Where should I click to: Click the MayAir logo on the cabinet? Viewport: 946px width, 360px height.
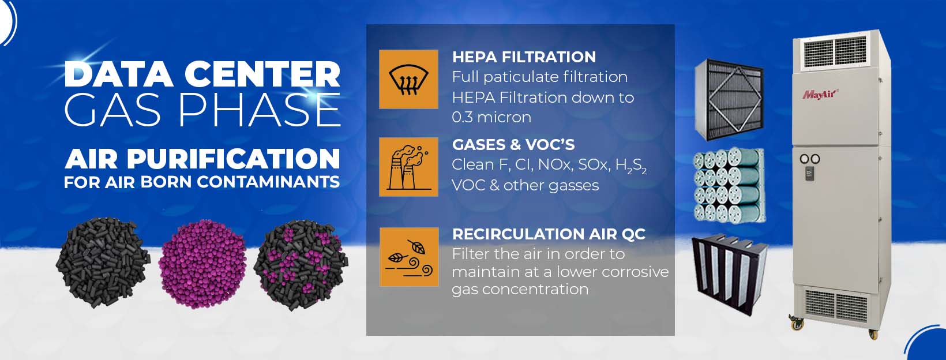coord(820,94)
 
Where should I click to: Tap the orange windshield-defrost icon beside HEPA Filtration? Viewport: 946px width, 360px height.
coord(408,80)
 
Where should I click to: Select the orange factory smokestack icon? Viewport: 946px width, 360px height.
coord(408,167)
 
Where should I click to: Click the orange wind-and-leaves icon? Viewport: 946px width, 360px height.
coord(409,257)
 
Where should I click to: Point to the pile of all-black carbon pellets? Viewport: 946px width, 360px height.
coord(103,262)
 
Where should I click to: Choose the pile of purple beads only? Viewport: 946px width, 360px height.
coord(202,263)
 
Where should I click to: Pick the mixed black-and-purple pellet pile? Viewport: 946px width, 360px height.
coord(301,265)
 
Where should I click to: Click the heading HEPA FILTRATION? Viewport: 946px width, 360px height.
coord(524,57)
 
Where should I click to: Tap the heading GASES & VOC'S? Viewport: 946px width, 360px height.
coord(513,144)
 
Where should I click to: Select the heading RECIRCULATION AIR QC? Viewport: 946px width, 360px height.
coord(549,234)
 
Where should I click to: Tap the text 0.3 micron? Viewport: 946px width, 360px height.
coord(491,117)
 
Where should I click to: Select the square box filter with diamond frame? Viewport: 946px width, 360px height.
coord(729,99)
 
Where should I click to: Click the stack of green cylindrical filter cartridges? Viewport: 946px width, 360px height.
coord(729,185)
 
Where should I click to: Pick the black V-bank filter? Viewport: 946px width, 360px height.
coord(729,274)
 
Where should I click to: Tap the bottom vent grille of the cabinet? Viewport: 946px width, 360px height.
coord(836,306)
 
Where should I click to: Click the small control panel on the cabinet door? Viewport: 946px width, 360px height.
coord(810,174)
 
